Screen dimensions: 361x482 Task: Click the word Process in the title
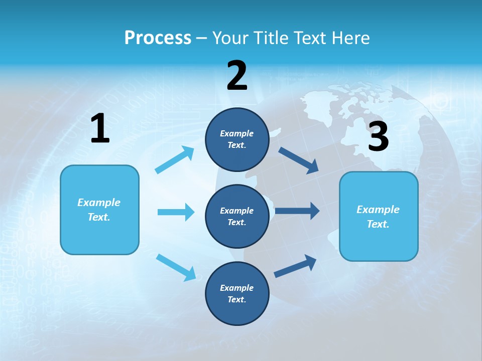click(x=158, y=38)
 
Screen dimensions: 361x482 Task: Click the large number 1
click(x=100, y=129)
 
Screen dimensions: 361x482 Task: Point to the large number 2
click(x=237, y=76)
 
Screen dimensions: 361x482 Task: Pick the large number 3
click(x=378, y=137)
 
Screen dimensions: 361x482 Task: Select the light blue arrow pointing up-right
click(x=175, y=160)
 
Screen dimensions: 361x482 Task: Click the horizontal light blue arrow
click(x=176, y=212)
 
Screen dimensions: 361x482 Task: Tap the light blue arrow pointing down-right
click(x=176, y=267)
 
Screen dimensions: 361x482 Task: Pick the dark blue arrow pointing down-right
click(x=298, y=160)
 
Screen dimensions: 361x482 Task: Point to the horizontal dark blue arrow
click(x=297, y=211)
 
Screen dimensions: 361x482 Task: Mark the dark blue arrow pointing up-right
click(x=295, y=266)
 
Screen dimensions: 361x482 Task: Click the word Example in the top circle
click(x=237, y=133)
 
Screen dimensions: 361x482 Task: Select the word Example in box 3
click(x=378, y=210)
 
